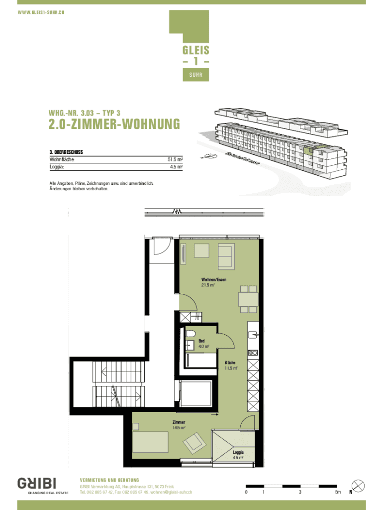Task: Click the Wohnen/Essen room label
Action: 214,279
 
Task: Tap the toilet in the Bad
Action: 191,334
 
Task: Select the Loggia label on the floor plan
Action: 238,452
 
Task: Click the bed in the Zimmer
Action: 150,442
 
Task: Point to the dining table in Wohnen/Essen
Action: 249,299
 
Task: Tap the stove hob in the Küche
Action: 253,353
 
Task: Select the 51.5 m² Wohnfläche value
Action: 175,159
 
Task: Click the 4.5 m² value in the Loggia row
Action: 177,167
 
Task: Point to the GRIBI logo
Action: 37,483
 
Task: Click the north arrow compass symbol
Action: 358,486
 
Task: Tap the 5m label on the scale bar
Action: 338,492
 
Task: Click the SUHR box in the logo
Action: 196,75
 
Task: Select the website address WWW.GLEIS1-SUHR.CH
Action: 41,12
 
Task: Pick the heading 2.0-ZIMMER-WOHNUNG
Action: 114,124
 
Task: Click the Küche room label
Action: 230,363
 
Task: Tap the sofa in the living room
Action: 226,256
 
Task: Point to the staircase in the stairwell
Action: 118,384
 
